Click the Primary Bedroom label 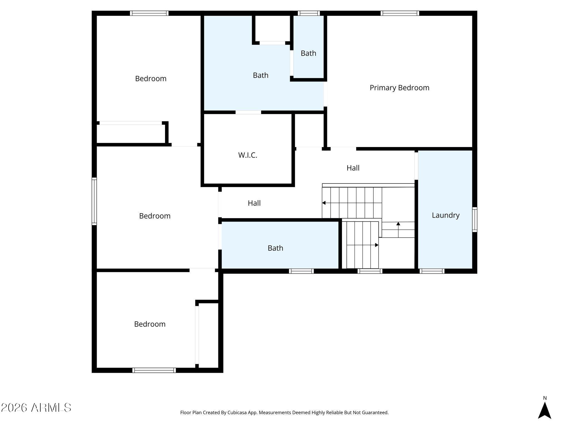400,88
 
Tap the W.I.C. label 248,155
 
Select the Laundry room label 446,215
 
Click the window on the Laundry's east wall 475,220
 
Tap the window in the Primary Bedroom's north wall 400,13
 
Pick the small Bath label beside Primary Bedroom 308,53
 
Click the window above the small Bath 309,13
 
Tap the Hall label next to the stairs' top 353,168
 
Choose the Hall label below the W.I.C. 254,203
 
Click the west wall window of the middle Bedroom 94,201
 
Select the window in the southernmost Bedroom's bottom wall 154,370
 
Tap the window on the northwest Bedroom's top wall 149,13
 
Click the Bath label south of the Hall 275,248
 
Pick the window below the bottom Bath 301,271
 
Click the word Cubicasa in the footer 238,413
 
